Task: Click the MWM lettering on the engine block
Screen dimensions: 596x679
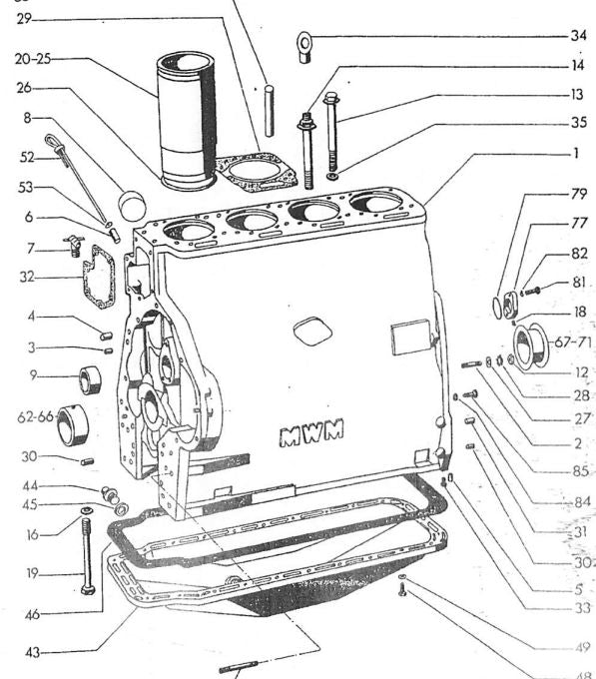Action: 311,431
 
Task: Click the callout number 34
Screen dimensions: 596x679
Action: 578,36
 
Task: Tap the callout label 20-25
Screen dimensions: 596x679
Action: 33,59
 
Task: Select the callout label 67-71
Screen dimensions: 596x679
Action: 573,342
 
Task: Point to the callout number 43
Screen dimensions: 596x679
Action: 32,652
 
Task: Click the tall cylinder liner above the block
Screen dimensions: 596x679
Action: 186,121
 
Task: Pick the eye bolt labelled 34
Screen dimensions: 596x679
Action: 304,47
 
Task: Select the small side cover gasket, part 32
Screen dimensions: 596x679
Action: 99,276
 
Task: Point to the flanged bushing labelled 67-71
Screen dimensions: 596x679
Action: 531,347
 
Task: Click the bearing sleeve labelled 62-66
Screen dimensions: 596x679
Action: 72,425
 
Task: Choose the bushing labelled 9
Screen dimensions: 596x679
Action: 90,379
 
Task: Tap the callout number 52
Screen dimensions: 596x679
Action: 27,157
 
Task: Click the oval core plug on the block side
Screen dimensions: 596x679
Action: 312,331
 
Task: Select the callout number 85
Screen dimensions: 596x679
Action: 581,470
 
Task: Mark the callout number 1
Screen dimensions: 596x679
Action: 576,153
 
